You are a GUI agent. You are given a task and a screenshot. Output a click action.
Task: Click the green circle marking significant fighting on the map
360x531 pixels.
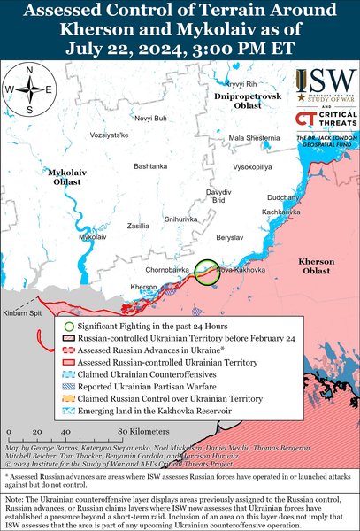[208, 272]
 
